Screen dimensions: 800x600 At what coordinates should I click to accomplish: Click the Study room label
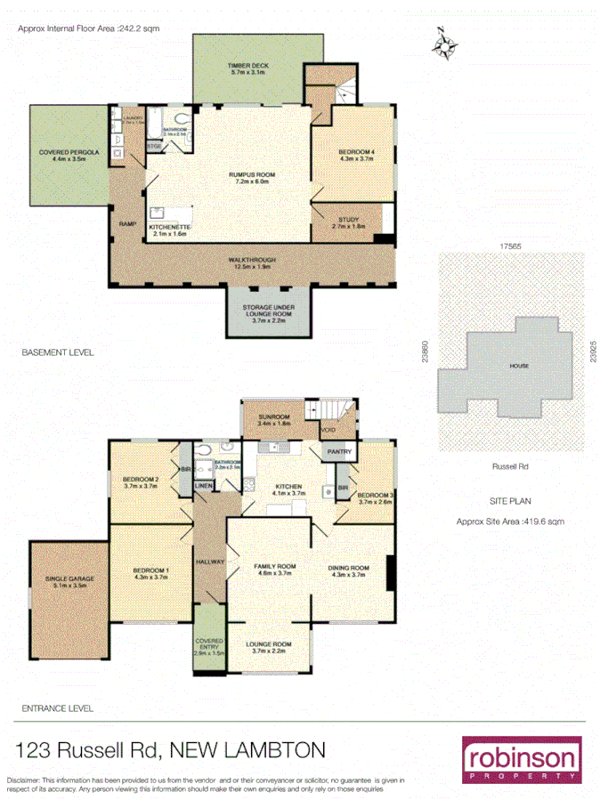349,223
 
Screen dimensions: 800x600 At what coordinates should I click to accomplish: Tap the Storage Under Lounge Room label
268,314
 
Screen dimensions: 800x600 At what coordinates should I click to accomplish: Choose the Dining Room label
350,570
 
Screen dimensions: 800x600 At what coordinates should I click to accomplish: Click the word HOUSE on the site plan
519,366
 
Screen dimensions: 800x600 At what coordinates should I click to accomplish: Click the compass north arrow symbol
444,44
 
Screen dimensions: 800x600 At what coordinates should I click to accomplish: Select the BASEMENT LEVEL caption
58,352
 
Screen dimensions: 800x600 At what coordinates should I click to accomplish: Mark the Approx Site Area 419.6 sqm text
509,522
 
